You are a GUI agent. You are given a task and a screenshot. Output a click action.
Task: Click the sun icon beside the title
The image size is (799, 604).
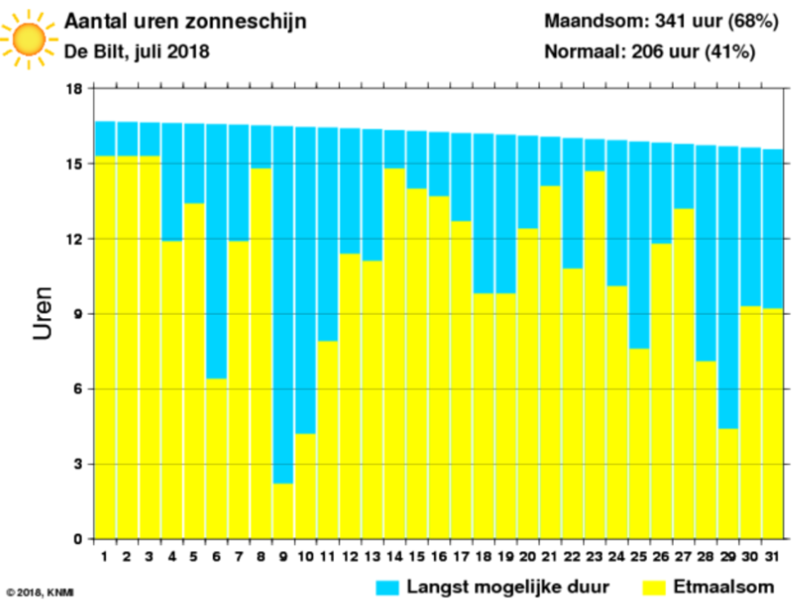coord(28,38)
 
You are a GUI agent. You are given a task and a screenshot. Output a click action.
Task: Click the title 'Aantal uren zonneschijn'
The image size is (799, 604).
coord(185,22)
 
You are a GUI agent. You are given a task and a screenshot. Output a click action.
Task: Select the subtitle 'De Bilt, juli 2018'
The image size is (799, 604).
coord(137,52)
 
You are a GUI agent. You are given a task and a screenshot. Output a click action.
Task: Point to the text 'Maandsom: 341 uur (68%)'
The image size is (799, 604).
coord(661,22)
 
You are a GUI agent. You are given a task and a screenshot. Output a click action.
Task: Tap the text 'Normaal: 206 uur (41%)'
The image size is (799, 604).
coord(650,52)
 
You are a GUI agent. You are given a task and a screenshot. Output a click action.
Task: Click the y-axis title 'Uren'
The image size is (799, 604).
coord(43,313)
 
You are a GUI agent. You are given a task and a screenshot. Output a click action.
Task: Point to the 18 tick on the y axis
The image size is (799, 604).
coord(73,89)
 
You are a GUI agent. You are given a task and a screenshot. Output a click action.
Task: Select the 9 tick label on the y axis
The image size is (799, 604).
coord(78,314)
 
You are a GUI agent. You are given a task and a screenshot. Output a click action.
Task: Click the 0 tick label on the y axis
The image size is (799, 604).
coord(78,540)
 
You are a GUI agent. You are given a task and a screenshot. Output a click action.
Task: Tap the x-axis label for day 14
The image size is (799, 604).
coord(394,556)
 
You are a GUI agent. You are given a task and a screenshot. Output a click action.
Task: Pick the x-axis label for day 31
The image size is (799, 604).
coord(772,556)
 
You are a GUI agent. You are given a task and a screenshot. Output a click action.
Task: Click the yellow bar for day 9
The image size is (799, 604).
coord(283,510)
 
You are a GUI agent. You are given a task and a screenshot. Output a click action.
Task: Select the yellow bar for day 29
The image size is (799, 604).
coord(728,484)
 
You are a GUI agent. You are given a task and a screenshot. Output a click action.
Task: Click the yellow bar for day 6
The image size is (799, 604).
coord(216,459)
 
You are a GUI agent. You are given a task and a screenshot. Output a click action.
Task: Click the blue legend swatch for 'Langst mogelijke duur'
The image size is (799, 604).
coord(387,587)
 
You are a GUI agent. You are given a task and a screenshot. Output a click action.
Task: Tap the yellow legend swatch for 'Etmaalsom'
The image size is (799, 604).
coord(655,587)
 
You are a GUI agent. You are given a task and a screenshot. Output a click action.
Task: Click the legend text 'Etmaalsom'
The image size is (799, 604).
coord(724,586)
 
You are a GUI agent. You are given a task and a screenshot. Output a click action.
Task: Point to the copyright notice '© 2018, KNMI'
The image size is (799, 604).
coord(40,592)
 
